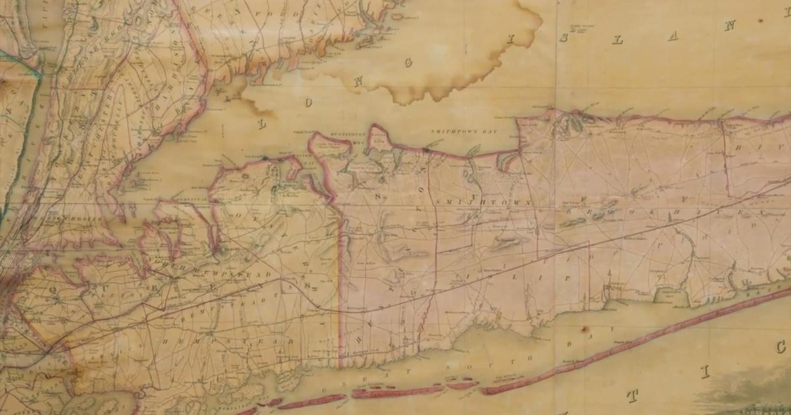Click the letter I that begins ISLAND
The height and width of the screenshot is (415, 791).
[x=510, y=41]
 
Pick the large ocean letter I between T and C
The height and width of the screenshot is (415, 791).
[x=704, y=373]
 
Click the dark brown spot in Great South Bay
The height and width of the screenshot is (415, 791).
[x=583, y=329]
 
